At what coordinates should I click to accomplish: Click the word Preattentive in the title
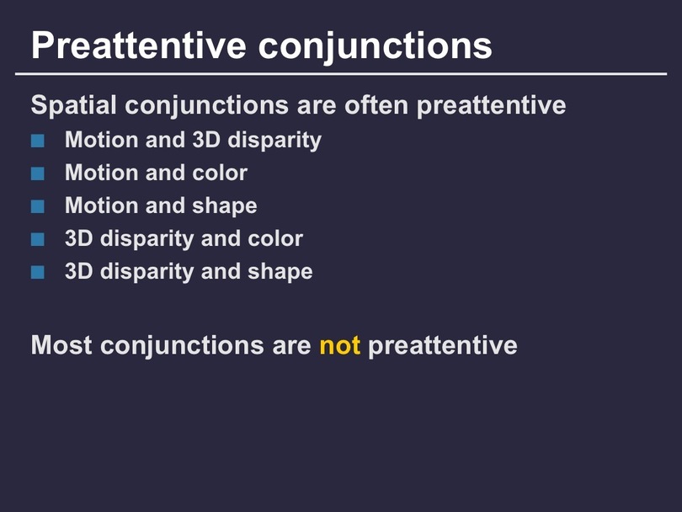click(x=139, y=45)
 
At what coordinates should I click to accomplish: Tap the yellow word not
click(x=339, y=345)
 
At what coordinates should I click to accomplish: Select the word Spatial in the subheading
click(x=73, y=106)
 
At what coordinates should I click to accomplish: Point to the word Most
click(x=61, y=345)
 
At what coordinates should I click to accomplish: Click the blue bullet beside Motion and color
click(x=38, y=173)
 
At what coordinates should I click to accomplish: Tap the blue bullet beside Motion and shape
click(x=38, y=206)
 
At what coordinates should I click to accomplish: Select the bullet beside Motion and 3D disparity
click(x=38, y=141)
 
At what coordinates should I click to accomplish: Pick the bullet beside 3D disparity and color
click(x=38, y=239)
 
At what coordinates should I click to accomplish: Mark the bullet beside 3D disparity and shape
click(x=38, y=272)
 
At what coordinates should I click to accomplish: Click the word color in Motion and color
click(x=220, y=173)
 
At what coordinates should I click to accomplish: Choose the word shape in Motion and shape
click(x=225, y=206)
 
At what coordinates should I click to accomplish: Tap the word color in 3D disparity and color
click(x=275, y=238)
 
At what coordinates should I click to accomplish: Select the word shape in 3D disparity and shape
click(x=280, y=272)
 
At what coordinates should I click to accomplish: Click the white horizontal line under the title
click(x=341, y=74)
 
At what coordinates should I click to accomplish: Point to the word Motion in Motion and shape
click(x=101, y=205)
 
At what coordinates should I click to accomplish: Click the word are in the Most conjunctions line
click(x=291, y=346)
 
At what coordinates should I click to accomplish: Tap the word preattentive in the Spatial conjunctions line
click(x=492, y=106)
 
